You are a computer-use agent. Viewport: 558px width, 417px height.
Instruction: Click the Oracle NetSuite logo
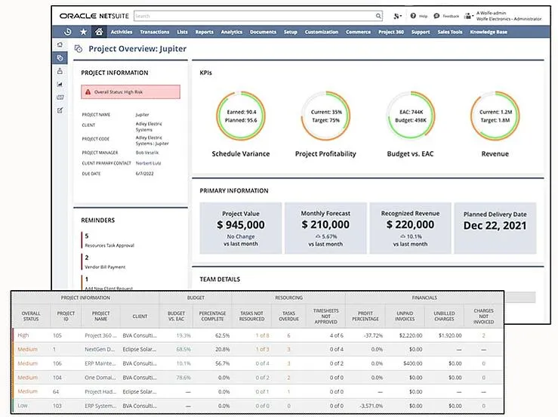click(x=93, y=15)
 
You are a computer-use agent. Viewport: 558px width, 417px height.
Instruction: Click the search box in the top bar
click(x=257, y=15)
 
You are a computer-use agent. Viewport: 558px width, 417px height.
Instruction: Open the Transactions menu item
click(x=155, y=32)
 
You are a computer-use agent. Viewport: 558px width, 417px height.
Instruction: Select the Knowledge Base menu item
click(x=489, y=32)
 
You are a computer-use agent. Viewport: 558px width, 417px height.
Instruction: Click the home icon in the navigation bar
click(x=98, y=32)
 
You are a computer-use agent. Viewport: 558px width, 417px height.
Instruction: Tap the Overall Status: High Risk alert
click(x=131, y=92)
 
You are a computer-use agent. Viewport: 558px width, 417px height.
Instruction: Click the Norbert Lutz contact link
click(x=149, y=163)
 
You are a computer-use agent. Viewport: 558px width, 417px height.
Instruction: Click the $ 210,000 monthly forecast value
click(x=325, y=224)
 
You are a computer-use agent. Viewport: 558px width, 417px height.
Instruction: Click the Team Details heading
click(x=220, y=280)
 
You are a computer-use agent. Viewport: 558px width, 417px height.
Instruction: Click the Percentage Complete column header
click(x=212, y=315)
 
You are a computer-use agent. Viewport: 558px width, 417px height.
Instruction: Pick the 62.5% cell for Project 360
click(x=222, y=335)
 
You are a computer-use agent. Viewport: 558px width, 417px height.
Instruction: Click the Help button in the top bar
click(x=420, y=15)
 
